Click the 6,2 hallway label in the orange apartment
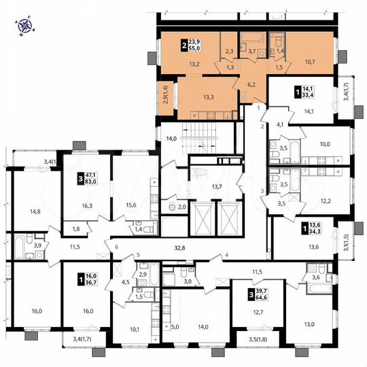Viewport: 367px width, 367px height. (250, 85)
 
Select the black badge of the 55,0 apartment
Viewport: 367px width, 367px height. (184, 46)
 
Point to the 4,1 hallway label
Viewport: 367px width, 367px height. (279, 124)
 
